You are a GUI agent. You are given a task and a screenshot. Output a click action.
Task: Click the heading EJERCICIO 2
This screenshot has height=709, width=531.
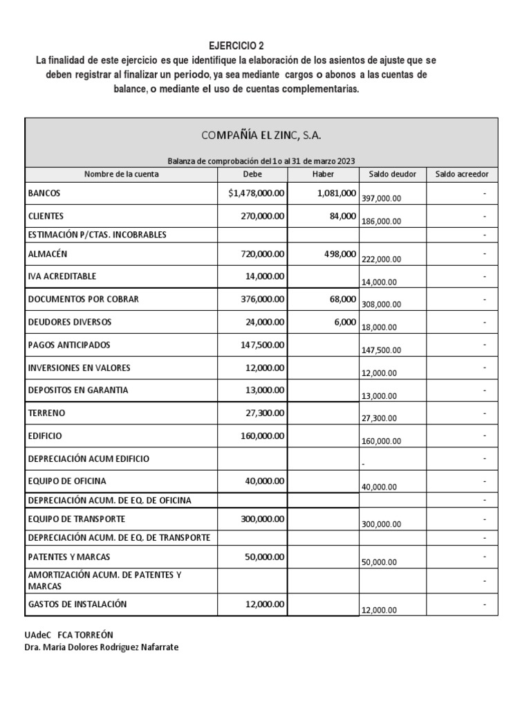(236, 46)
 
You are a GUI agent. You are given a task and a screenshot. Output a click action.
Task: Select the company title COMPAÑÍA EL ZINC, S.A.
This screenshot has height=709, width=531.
(261, 134)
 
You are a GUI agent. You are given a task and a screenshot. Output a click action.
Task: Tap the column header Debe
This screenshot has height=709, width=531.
(252, 174)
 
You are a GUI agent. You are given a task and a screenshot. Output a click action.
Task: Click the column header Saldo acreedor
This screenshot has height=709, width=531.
(461, 174)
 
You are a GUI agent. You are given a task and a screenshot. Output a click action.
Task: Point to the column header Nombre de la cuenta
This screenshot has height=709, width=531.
(122, 174)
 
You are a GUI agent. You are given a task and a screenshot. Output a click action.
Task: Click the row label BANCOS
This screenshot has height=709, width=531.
(44, 194)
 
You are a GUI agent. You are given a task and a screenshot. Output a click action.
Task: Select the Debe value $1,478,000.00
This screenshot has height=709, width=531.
(256, 194)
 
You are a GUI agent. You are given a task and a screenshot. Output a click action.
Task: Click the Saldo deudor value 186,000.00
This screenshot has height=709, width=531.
(381, 222)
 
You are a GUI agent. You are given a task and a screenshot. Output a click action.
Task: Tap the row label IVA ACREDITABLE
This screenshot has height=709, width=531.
(62, 276)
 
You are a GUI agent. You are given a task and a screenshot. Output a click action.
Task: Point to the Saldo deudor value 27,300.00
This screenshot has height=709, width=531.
(381, 418)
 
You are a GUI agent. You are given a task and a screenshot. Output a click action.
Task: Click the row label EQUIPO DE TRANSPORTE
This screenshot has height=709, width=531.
(76, 519)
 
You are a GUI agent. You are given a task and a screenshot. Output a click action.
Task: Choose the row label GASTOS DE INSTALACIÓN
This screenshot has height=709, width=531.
(77, 604)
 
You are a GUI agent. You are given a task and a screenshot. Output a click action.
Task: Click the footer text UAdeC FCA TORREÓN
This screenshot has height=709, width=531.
(68, 634)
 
